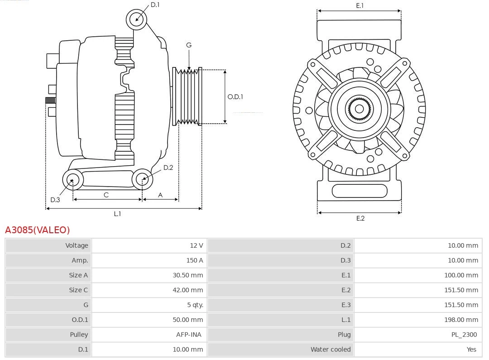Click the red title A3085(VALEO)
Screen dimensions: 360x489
pyautogui.click(x=38, y=230)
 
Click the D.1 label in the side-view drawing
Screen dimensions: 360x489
pyautogui.click(x=155, y=5)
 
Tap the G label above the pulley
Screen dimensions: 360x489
pyautogui.click(x=189, y=45)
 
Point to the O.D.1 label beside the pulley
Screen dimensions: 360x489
pyautogui.click(x=235, y=96)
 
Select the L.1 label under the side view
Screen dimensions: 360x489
pyautogui.click(x=117, y=214)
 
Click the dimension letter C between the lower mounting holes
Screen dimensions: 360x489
pyautogui.click(x=106, y=195)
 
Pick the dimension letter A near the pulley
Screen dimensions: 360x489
pyautogui.click(x=160, y=195)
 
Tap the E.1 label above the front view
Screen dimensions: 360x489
pyautogui.click(x=360, y=5)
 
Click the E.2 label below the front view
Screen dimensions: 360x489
pyautogui.click(x=360, y=218)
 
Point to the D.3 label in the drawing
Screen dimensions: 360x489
pyautogui.click(x=55, y=200)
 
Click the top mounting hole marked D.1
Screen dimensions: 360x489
pyautogui.click(x=136, y=19)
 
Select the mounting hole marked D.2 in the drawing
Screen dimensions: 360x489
pyautogui.click(x=142, y=179)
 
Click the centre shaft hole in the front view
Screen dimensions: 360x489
pyautogui.click(x=359, y=109)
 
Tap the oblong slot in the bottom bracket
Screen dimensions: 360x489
pyautogui.click(x=360, y=191)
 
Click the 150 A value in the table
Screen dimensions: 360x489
pyautogui.click(x=195, y=260)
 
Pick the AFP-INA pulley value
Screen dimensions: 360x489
pyautogui.click(x=189, y=335)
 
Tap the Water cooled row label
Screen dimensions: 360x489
pyautogui.click(x=331, y=350)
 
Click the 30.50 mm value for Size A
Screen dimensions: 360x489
pyautogui.click(x=188, y=275)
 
